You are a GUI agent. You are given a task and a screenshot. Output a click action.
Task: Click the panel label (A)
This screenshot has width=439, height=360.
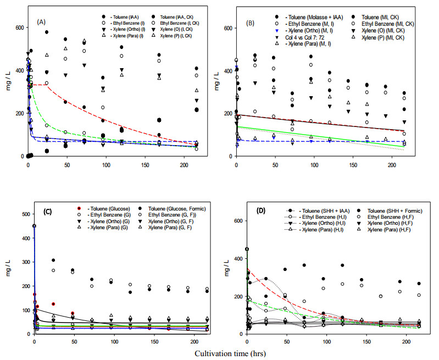[x=41, y=22]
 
